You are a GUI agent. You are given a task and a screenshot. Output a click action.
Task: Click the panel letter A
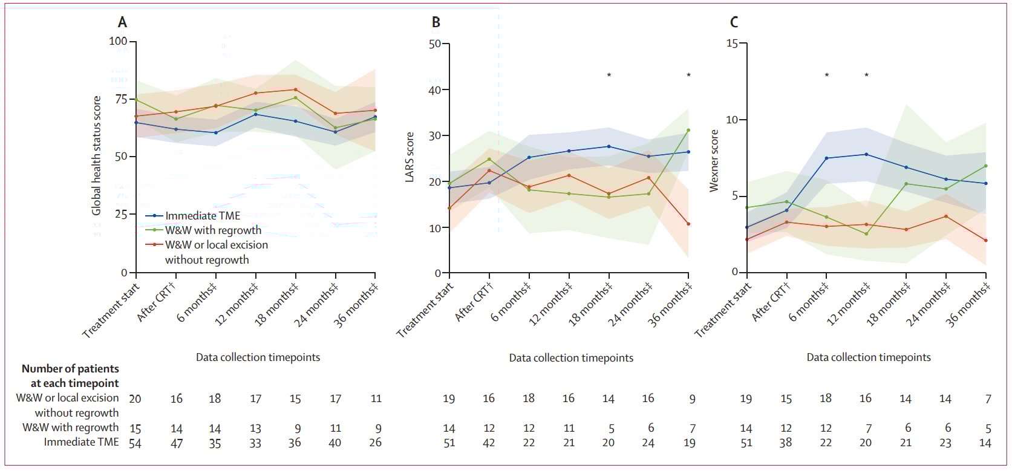pyautogui.click(x=122, y=23)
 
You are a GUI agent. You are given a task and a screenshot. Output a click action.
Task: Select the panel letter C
pyautogui.click(x=734, y=23)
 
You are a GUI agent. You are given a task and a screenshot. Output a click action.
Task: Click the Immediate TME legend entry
pyautogui.click(x=202, y=216)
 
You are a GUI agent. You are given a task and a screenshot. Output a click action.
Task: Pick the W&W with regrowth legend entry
pyautogui.click(x=213, y=230)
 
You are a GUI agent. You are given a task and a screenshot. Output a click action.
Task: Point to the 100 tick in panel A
pyautogui.click(x=119, y=42)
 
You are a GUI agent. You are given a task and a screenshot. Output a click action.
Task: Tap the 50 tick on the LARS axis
pyautogui.click(x=434, y=44)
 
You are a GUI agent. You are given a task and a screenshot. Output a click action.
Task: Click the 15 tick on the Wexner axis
pyautogui.click(x=732, y=44)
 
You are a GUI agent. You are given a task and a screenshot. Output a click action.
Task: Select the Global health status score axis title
pyautogui.click(x=96, y=155)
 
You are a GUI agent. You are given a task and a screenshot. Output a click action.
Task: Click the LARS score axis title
pyautogui.click(x=410, y=157)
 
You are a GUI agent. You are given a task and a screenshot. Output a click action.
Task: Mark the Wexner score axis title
pyautogui.click(x=714, y=161)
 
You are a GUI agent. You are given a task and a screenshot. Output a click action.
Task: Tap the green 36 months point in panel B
pyautogui.click(x=688, y=130)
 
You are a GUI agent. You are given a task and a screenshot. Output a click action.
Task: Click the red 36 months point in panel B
pyautogui.click(x=688, y=224)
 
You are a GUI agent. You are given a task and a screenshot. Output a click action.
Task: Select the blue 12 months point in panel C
pyautogui.click(x=866, y=154)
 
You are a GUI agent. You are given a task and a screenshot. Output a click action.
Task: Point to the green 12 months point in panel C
pyautogui.click(x=866, y=234)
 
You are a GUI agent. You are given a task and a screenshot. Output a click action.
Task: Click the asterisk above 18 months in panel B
pyautogui.click(x=609, y=76)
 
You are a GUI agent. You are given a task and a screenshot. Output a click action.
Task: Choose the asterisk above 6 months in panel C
pyautogui.click(x=826, y=76)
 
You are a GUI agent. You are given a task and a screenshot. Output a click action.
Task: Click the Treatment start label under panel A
pyautogui.click(x=111, y=311)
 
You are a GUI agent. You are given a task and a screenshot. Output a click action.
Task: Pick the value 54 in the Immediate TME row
pyautogui.click(x=135, y=443)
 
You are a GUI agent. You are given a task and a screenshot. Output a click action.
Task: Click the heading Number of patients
pyautogui.click(x=70, y=369)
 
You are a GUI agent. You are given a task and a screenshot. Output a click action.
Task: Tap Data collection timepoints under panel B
pyautogui.click(x=571, y=358)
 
